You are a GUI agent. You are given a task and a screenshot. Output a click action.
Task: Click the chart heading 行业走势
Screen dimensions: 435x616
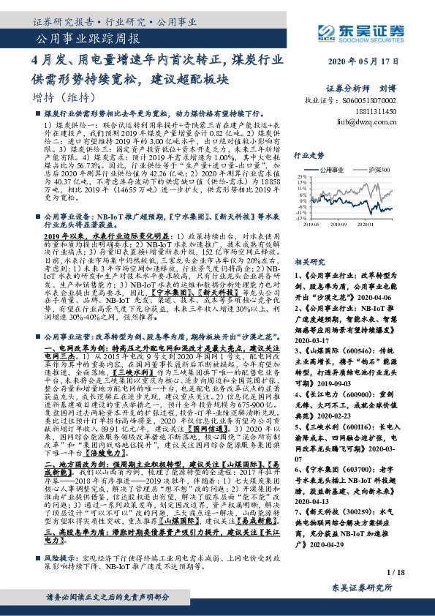(x=308, y=156)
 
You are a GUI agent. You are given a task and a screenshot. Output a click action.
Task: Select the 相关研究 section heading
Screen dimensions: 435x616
(x=308, y=261)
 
